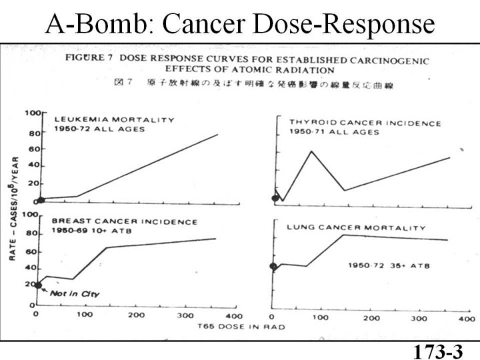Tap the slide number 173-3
click(x=437, y=351)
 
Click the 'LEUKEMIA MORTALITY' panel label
click(x=114, y=120)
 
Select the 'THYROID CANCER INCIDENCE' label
click(x=365, y=123)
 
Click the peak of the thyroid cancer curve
click(x=311, y=151)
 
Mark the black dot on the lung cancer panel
click(x=273, y=267)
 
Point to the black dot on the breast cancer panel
click(x=38, y=285)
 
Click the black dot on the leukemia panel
click(x=41, y=199)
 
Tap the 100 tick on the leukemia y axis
click(x=31, y=114)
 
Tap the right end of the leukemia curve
click(x=217, y=135)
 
